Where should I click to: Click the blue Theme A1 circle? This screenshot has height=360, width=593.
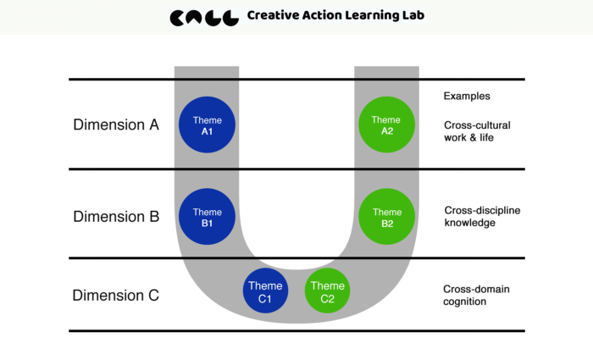click(x=207, y=125)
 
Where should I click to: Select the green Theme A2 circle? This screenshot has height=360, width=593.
click(x=386, y=125)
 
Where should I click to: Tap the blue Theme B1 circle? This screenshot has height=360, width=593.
click(x=207, y=217)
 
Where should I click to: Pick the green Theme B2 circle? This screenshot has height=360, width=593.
click(x=386, y=217)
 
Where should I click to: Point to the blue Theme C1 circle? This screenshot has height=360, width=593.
click(x=265, y=291)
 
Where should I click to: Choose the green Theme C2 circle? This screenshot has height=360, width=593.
click(x=327, y=291)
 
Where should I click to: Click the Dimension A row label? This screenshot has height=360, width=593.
click(x=116, y=125)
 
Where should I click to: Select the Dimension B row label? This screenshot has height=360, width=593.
click(x=116, y=217)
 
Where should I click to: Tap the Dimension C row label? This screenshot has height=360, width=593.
click(x=116, y=296)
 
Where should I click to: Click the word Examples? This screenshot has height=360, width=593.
click(x=467, y=96)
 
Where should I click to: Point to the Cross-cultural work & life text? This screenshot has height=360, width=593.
click(x=477, y=131)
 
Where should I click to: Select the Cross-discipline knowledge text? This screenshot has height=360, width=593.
click(x=482, y=216)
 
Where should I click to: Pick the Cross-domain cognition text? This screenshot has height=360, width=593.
click(x=476, y=296)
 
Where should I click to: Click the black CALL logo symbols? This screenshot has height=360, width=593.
click(x=204, y=18)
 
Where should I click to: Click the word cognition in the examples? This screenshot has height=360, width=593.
click(x=465, y=302)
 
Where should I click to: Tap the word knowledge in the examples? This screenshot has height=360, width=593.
click(x=469, y=223)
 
